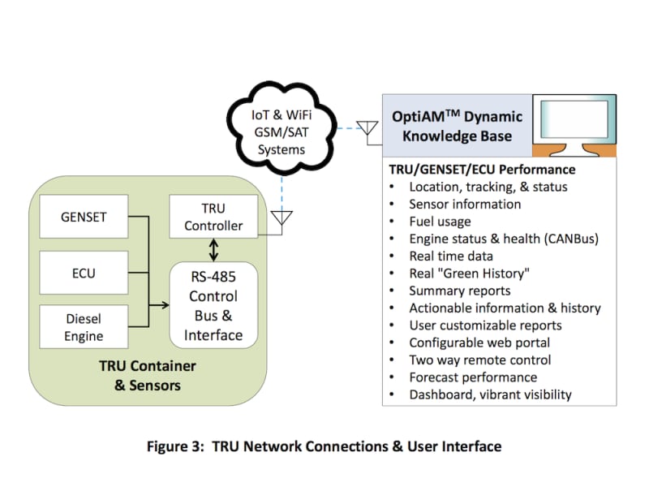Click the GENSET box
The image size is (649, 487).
click(x=83, y=218)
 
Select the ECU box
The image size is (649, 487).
click(x=83, y=274)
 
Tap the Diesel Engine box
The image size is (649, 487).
click(x=83, y=327)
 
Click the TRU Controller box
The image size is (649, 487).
click(x=213, y=218)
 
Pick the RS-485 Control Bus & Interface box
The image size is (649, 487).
click(x=213, y=305)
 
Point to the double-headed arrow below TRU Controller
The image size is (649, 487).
click(x=213, y=248)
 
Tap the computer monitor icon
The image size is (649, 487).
click(x=574, y=126)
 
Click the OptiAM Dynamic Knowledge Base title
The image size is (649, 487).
click(x=457, y=126)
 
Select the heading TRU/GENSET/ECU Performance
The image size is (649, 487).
click(x=483, y=170)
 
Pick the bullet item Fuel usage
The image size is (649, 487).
click(x=440, y=222)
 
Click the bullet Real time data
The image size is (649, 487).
click(x=450, y=256)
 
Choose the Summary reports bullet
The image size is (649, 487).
click(x=460, y=291)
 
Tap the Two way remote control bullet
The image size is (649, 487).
click(x=479, y=360)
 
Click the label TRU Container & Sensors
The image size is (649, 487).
click(x=147, y=376)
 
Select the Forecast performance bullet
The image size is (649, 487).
click(x=473, y=377)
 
